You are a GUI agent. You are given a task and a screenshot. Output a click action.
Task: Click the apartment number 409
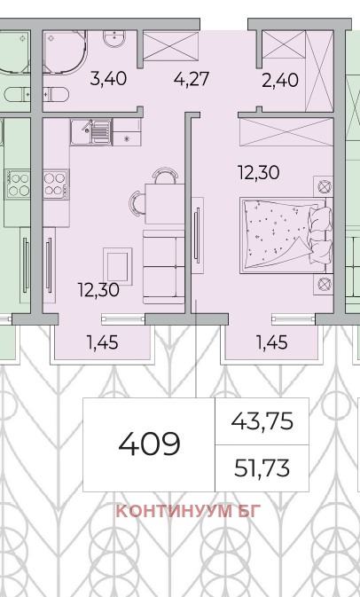[x=149, y=444]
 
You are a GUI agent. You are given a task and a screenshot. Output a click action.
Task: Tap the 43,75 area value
[x=262, y=421]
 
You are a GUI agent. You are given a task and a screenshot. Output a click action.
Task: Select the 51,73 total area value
[x=262, y=468]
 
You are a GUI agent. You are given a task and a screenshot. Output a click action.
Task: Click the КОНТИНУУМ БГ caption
[x=189, y=511]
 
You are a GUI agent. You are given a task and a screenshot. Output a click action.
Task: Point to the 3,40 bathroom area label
[x=108, y=79]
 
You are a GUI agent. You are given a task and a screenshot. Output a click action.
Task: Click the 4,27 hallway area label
[x=192, y=79]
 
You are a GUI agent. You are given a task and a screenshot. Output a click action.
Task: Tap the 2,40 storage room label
[x=280, y=81]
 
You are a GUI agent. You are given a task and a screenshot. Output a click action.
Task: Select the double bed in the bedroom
[x=286, y=235]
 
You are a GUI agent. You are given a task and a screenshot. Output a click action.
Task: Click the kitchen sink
[x=90, y=132]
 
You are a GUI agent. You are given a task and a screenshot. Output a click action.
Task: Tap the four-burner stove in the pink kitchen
[x=56, y=185]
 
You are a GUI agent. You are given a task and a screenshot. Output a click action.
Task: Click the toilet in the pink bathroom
[x=56, y=94]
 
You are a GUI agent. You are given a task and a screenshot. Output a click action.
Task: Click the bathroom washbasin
[x=114, y=39]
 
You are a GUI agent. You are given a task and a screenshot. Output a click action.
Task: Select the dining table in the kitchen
[x=165, y=204]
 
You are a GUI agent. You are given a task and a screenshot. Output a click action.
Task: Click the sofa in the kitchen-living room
[x=164, y=266]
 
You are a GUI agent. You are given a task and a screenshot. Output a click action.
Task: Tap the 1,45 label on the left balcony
[x=103, y=343]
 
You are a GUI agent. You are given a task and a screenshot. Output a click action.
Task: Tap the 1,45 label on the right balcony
[x=271, y=343]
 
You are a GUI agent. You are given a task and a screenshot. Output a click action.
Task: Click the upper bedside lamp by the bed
[x=325, y=187]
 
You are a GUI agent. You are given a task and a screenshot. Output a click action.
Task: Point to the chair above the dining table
[x=166, y=176]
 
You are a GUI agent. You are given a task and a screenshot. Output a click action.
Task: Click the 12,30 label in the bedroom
[x=259, y=172]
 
